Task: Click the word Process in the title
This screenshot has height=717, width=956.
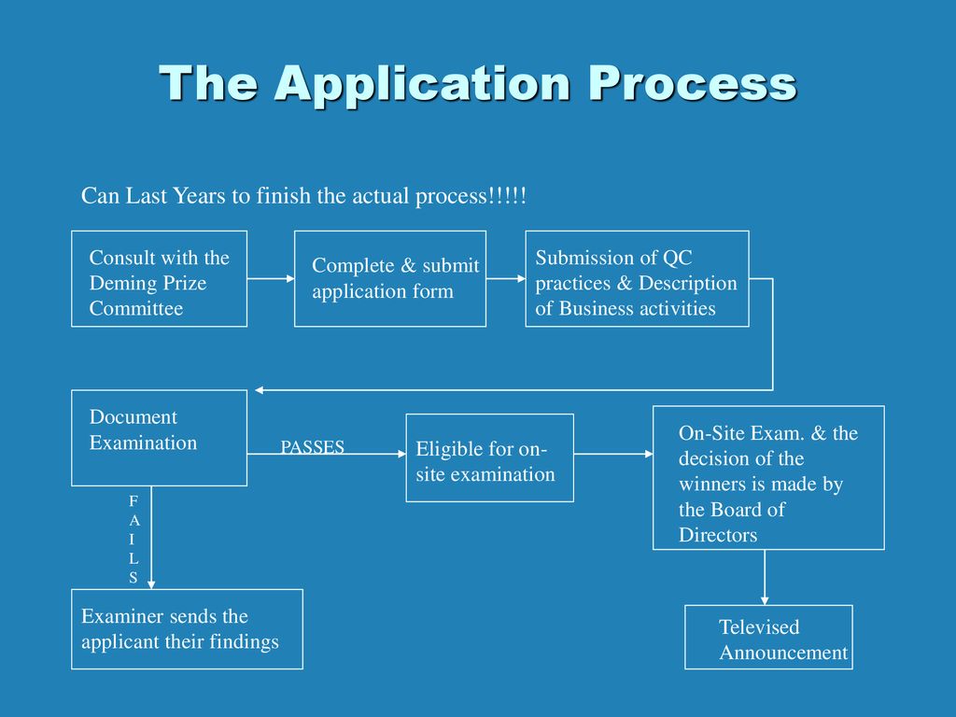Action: click(693, 84)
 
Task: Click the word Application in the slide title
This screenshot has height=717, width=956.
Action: click(423, 84)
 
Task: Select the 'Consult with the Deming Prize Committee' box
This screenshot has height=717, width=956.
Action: click(159, 278)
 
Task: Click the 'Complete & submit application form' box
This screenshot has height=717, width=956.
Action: click(390, 278)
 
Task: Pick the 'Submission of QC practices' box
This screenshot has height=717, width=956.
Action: click(637, 278)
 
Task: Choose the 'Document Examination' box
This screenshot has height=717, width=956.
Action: click(159, 438)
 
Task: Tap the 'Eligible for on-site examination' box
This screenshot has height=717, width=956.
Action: click(489, 457)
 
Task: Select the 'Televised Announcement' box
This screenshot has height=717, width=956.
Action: click(768, 637)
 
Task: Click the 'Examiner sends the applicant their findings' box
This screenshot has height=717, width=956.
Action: click(187, 629)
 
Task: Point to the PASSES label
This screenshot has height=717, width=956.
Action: click(312, 447)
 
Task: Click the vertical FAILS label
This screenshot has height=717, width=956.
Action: click(134, 539)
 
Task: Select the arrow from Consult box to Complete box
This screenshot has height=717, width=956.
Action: click(271, 278)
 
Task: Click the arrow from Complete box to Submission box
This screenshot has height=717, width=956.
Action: click(506, 278)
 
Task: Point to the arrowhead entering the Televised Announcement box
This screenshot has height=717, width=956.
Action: click(765, 600)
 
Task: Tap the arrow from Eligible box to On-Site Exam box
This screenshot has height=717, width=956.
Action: click(613, 454)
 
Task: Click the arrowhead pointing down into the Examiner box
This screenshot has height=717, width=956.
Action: click(151, 584)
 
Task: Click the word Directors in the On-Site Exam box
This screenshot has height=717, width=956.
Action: click(718, 535)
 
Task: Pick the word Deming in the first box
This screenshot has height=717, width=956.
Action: click(117, 284)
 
